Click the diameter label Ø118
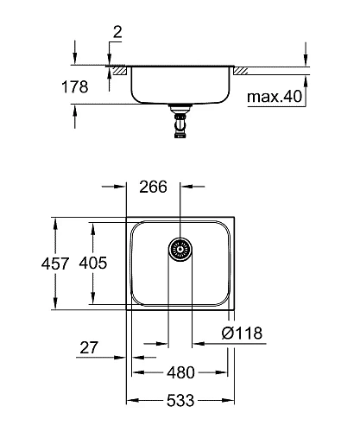(242, 334)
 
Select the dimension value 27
(88, 348)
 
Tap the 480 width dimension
(180, 373)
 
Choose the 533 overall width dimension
(180, 401)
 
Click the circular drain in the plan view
(180, 251)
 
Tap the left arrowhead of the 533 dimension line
(130, 401)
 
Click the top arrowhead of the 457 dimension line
(57, 219)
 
